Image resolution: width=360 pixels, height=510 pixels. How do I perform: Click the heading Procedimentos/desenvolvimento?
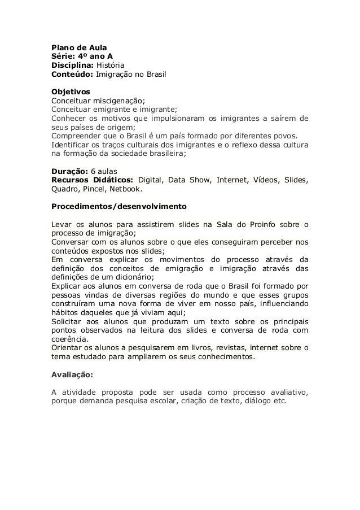click(x=119, y=206)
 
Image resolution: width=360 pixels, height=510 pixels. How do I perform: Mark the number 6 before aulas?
click(x=93, y=171)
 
